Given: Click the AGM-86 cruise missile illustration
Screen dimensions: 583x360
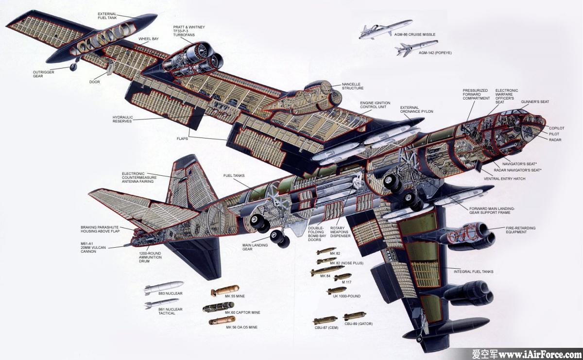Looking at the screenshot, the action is pyautogui.click(x=385, y=29).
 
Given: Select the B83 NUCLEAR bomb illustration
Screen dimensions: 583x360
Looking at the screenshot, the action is pyautogui.click(x=164, y=288).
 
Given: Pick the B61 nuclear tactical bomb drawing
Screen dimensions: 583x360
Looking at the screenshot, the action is pyautogui.click(x=162, y=303).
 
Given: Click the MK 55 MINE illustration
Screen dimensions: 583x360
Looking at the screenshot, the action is pyautogui.click(x=225, y=290).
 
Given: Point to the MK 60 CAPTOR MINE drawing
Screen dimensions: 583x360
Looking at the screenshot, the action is pyautogui.click(x=218, y=307).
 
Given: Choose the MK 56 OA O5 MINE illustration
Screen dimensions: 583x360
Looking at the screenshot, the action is pyautogui.click(x=222, y=321).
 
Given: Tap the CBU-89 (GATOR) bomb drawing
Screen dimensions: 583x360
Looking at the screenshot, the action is pyautogui.click(x=355, y=316).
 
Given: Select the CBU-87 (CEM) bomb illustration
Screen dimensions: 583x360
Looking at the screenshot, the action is pyautogui.click(x=326, y=320).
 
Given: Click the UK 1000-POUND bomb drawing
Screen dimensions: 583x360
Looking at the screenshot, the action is pyautogui.click(x=337, y=290).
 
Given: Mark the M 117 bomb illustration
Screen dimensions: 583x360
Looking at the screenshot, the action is pyautogui.click(x=343, y=277).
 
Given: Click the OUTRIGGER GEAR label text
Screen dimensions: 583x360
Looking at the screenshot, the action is pyautogui.click(x=43, y=74).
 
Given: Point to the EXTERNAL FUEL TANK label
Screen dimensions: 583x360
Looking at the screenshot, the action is pyautogui.click(x=107, y=16).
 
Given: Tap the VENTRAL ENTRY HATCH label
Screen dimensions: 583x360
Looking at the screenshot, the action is pyautogui.click(x=504, y=179).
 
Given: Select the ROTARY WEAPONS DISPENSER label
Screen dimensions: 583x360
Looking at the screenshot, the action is pyautogui.click(x=340, y=232).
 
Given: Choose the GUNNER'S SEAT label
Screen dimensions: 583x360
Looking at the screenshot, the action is pyautogui.click(x=535, y=102).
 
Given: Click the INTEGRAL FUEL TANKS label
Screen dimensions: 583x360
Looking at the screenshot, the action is pyautogui.click(x=473, y=272).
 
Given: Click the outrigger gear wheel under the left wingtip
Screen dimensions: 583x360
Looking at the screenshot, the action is pyautogui.click(x=73, y=68).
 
